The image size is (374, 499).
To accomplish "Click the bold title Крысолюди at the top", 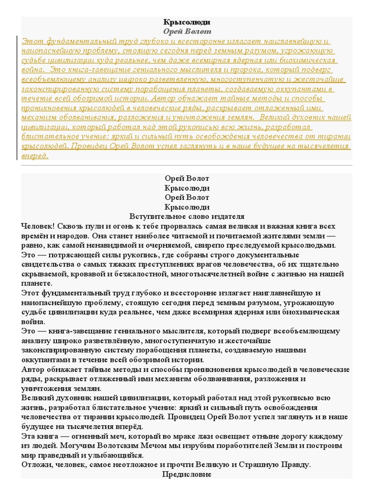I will tap(187, 22).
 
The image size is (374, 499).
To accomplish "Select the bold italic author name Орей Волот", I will tap(187, 31).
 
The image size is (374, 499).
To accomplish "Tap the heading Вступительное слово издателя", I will tap(187, 216).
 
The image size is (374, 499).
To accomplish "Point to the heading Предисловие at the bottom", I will tap(187, 474).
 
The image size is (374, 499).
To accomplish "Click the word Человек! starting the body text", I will tap(38, 227).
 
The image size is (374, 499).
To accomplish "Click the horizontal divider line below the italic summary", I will tap(187, 166).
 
